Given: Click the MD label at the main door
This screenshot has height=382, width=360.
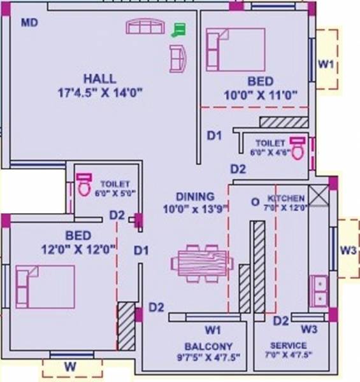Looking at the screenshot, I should pyautogui.click(x=30, y=23).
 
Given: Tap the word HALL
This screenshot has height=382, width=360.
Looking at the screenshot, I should pyautogui.click(x=100, y=79).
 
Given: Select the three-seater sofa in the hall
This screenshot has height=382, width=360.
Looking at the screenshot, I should pyautogui.click(x=145, y=26).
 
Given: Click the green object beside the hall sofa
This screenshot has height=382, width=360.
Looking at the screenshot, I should pyautogui.click(x=179, y=30).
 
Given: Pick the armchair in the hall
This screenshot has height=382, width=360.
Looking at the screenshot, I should pyautogui.click(x=178, y=58).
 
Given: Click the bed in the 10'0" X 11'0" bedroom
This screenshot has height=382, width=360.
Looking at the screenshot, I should pyautogui.click(x=235, y=49).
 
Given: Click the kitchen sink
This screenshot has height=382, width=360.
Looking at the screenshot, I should pyautogui.click(x=319, y=290).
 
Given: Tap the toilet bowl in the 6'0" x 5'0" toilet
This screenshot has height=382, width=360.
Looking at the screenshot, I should pyautogui.click(x=83, y=185).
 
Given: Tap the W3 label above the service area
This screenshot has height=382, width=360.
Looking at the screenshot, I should pyautogui.click(x=309, y=329).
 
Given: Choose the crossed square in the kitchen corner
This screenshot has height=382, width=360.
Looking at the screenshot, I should pyautogui.click(x=319, y=197).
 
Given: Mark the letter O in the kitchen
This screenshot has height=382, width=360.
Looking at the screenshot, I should pyautogui.click(x=255, y=202).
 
